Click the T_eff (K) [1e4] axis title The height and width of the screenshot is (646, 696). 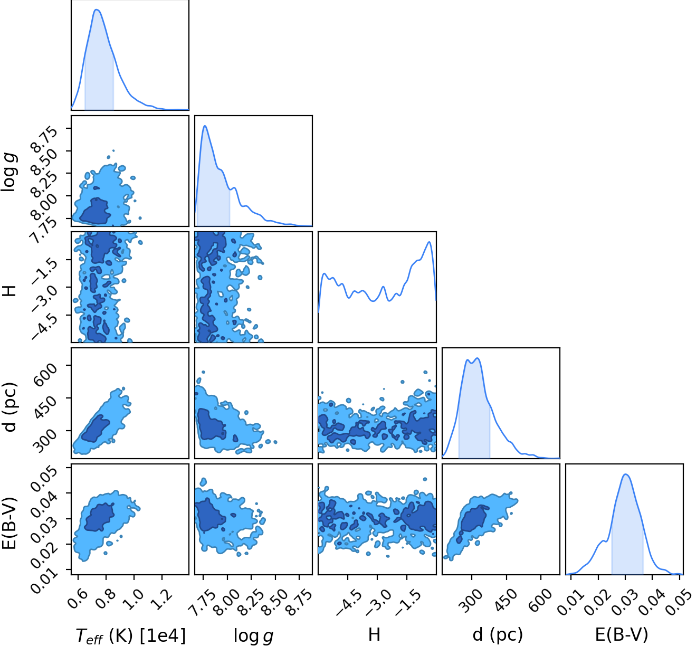click(x=130, y=635)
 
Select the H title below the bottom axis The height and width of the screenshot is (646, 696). click(x=374, y=634)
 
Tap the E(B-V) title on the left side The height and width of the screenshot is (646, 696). click(x=11, y=519)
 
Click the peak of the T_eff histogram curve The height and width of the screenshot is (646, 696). click(x=97, y=9)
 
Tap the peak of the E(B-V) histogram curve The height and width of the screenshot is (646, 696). click(x=626, y=474)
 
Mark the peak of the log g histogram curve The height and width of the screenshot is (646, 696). click(x=205, y=126)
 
